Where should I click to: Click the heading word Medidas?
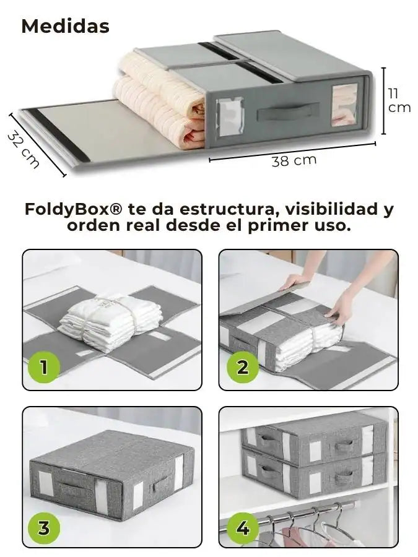pos(66,26)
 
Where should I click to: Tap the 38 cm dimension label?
pos(294,160)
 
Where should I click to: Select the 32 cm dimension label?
pos(24,149)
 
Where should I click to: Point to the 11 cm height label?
pos(399,100)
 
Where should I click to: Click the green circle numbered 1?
pos(44,366)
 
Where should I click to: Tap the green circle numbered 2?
pos(242,366)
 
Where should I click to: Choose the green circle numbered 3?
pos(44,529)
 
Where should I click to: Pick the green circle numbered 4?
pos(242,529)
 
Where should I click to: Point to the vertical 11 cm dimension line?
pos(383,101)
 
